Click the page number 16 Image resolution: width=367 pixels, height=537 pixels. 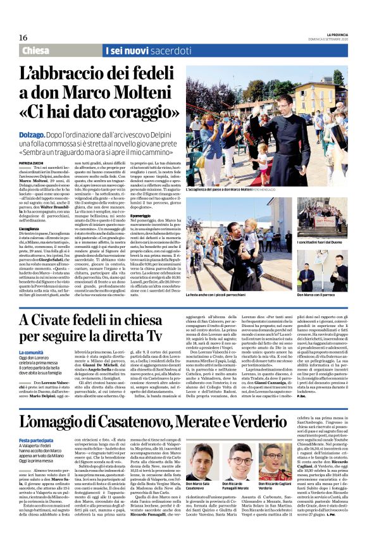pyautogui.click(x=23, y=37)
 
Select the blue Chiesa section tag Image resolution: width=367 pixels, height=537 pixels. pyautogui.click(x=39, y=51)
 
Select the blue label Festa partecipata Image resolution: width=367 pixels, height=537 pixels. pyautogui.click(x=36, y=439)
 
